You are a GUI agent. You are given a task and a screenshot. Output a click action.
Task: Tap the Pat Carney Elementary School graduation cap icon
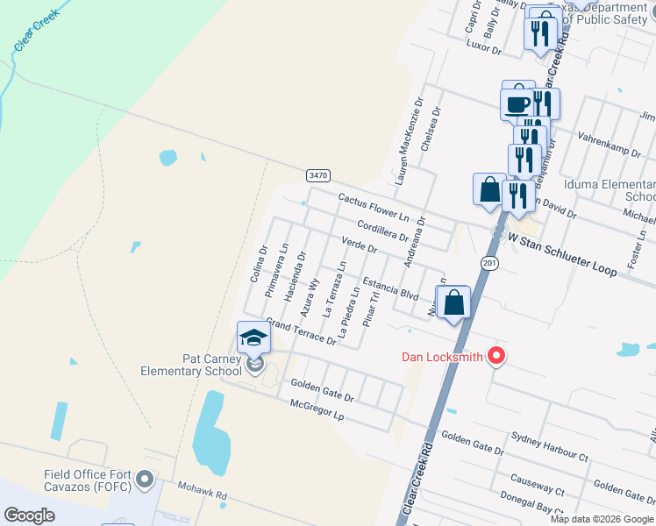point(253,338)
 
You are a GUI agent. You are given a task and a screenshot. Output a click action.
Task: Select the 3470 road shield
point(318,175)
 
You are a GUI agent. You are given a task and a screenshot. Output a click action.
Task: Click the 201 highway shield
point(489,262)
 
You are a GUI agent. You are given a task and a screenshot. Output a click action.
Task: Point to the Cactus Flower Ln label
point(374,209)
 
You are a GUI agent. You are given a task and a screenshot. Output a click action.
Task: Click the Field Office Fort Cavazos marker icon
point(146,480)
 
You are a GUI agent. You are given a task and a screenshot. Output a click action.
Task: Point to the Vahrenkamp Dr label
point(609,145)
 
